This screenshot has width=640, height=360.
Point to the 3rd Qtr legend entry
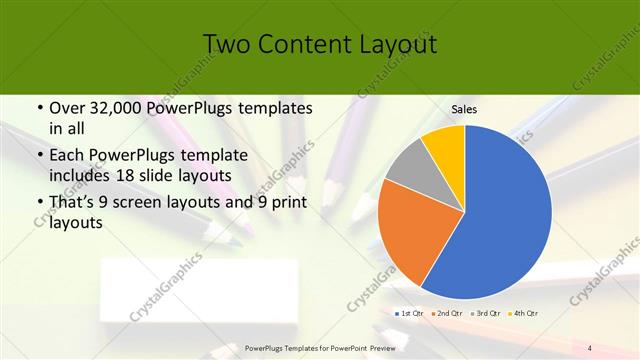487,314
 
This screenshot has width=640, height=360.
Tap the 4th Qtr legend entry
525,314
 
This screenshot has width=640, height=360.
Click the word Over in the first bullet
66,107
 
